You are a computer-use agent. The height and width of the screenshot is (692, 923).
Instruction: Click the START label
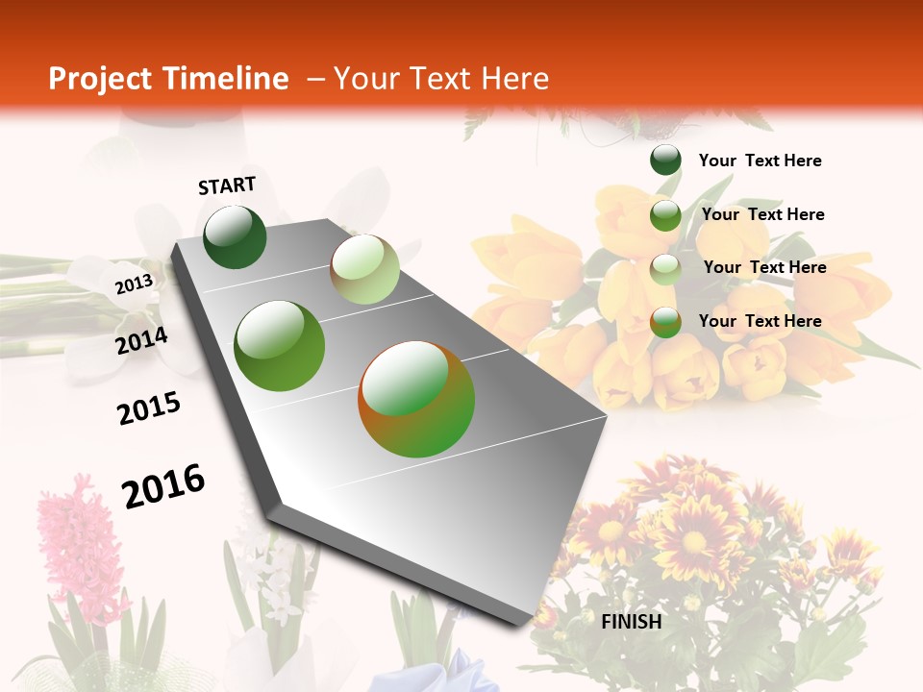coord(227,185)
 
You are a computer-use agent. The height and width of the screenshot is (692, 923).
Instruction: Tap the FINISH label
coord(632,622)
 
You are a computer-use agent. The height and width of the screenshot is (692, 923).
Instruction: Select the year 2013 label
coord(135,284)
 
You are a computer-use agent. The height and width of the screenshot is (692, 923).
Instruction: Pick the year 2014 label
coord(141,340)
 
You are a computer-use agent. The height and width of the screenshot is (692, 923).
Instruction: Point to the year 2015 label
coord(149,408)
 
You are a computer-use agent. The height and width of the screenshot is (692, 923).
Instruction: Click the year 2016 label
coord(163,485)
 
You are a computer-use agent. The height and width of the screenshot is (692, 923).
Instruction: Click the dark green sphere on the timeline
coord(235,236)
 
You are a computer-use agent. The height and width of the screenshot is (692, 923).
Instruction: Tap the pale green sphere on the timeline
coord(364,269)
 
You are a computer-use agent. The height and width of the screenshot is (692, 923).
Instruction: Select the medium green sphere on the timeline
coord(280,346)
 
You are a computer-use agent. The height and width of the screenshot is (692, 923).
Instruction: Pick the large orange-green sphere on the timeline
coord(416,399)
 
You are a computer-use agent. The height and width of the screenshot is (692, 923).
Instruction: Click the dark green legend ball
coord(665,161)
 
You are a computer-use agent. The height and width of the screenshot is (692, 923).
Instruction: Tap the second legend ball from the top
coord(665,215)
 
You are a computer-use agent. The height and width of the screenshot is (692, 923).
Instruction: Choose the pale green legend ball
coord(665,269)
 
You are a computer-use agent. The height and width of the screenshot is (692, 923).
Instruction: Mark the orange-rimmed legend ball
coord(665,322)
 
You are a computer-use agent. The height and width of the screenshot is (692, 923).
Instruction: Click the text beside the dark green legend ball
coord(760,161)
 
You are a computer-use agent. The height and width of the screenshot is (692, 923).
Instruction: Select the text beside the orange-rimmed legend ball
coord(760,321)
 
